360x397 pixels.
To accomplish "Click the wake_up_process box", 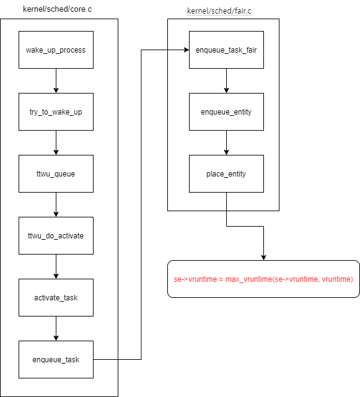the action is [56, 50].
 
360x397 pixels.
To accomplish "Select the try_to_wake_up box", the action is [56, 111].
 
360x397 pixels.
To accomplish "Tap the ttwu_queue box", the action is [56, 173].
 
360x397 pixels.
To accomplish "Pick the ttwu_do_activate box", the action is [56, 236].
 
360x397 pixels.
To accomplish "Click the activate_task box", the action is [56, 297].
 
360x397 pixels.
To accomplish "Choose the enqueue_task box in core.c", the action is [56, 359].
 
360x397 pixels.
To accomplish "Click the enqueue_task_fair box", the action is [227, 50].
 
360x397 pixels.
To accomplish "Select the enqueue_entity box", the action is [227, 111].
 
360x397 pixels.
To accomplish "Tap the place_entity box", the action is [227, 173].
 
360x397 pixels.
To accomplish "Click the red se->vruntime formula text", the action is [263, 279].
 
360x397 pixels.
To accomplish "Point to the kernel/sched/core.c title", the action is [57, 9].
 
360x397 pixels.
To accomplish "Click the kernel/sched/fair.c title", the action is [219, 11].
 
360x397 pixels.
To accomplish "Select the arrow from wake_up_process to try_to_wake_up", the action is [56, 81].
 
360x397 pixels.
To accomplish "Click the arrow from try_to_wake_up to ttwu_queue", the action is [56, 143].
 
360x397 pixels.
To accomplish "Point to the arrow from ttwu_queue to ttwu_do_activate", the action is [56, 204].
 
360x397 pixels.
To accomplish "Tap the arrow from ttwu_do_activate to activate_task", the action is [56, 266].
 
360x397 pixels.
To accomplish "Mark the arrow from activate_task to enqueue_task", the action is [56, 328].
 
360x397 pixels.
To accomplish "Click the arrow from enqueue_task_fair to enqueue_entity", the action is [227, 81].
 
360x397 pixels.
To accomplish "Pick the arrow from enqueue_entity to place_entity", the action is [227, 143].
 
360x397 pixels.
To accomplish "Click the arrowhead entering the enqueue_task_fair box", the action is [187, 50].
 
